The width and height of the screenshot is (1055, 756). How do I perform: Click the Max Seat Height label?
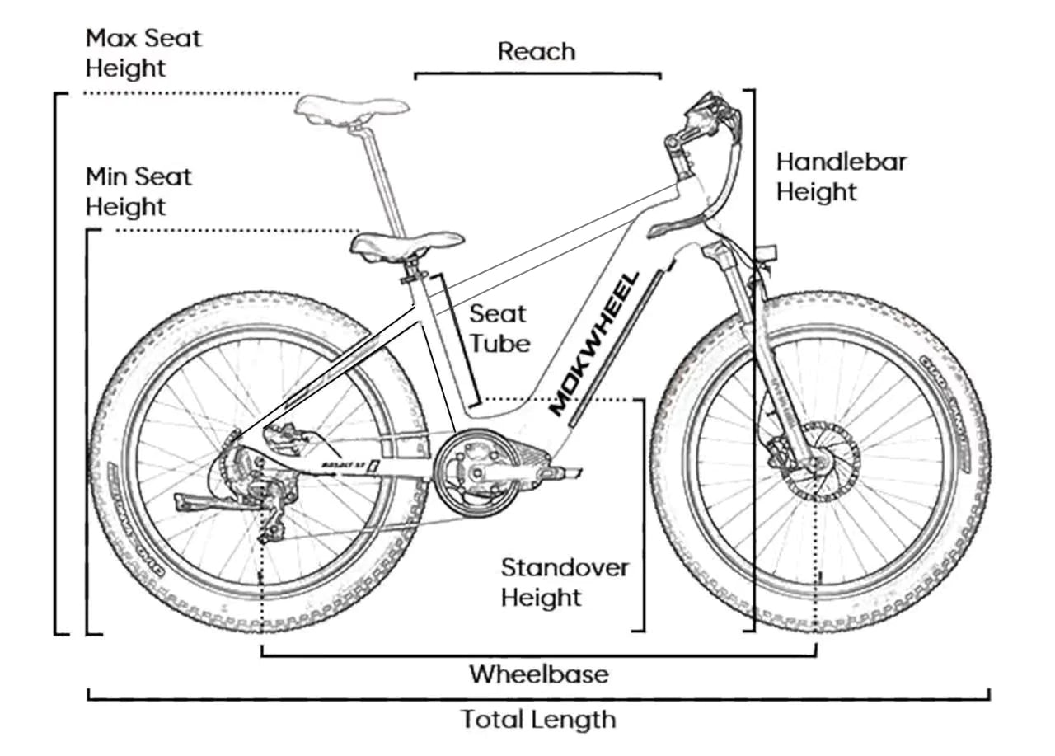(143, 53)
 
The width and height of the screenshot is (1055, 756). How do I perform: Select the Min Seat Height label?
(138, 190)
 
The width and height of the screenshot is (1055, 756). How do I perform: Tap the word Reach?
(536, 51)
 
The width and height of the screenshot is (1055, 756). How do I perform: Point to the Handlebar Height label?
(841, 176)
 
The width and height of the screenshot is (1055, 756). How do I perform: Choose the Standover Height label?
(565, 582)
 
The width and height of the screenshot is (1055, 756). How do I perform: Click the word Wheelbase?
(539, 674)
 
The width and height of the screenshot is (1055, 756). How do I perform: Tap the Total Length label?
(538, 719)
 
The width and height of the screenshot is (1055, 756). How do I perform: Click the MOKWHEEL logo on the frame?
(595, 344)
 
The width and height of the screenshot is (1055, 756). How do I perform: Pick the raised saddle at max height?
(353, 108)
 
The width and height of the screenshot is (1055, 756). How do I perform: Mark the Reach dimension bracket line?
(537, 74)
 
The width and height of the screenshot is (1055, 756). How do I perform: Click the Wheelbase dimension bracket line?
(539, 656)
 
